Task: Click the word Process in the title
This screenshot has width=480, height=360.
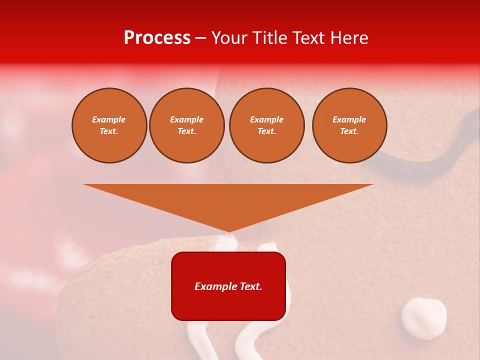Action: coord(157,38)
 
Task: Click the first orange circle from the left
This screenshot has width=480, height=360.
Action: coord(109,125)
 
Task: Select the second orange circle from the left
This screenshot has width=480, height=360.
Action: coord(186,125)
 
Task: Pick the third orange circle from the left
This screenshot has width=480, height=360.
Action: coord(266,125)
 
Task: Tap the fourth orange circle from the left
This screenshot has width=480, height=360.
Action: coord(349,125)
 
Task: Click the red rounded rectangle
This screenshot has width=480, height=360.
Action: coord(228,305)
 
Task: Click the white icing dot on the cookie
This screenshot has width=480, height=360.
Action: coord(423,318)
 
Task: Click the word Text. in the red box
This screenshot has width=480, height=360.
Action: coord(250,286)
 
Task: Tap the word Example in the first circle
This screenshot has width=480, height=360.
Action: coord(109,119)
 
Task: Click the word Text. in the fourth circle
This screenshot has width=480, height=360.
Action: coord(349,131)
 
